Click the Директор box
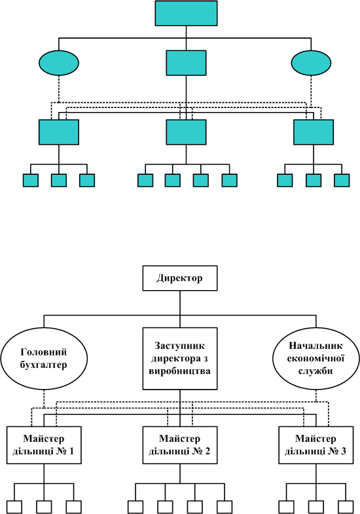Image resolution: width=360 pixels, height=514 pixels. click(x=180, y=278)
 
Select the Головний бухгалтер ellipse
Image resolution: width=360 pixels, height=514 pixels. click(x=45, y=358)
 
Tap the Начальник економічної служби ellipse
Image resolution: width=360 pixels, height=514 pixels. click(x=316, y=358)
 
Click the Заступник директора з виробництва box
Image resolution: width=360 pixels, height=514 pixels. click(x=180, y=358)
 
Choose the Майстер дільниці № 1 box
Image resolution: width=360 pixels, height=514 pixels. click(x=44, y=445)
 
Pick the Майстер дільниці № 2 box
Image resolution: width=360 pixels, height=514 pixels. click(x=180, y=445)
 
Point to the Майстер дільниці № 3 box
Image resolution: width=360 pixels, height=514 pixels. click(x=316, y=445)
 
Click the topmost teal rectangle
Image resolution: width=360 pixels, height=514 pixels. click(x=186, y=13)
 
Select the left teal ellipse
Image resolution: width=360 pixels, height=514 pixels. click(x=59, y=63)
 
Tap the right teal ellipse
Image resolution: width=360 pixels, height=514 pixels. click(x=311, y=63)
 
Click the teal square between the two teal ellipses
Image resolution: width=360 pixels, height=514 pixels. click(x=186, y=63)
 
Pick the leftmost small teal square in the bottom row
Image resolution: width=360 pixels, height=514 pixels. click(x=31, y=180)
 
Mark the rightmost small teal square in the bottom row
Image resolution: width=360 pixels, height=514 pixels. click(x=342, y=180)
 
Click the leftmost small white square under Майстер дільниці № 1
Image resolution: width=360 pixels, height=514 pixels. click(x=14, y=507)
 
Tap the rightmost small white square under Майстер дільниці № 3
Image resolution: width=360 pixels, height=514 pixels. click(x=346, y=507)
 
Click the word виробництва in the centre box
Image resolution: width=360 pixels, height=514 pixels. click(x=180, y=371)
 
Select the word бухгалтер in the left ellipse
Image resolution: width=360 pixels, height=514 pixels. click(x=44, y=365)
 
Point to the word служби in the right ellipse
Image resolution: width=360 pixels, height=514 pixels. click(x=315, y=371)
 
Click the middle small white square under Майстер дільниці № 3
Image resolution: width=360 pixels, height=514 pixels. click(x=316, y=507)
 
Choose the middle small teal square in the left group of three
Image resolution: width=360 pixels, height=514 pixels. click(x=59, y=180)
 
